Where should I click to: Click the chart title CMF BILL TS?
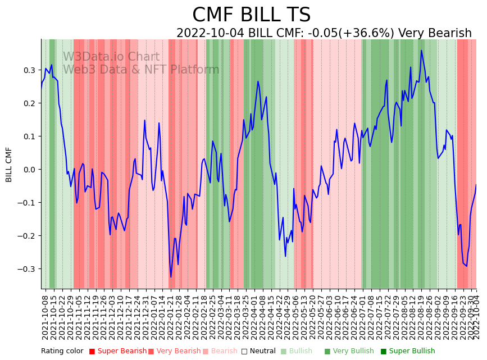(251, 15)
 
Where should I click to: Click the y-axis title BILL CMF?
(9, 165)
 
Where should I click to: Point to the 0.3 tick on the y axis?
(29, 70)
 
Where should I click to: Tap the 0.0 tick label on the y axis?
(29, 170)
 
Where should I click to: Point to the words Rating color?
(62, 352)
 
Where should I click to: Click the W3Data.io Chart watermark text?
(111, 57)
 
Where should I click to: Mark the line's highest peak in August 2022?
(421, 50)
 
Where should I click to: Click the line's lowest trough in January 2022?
(171, 277)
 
